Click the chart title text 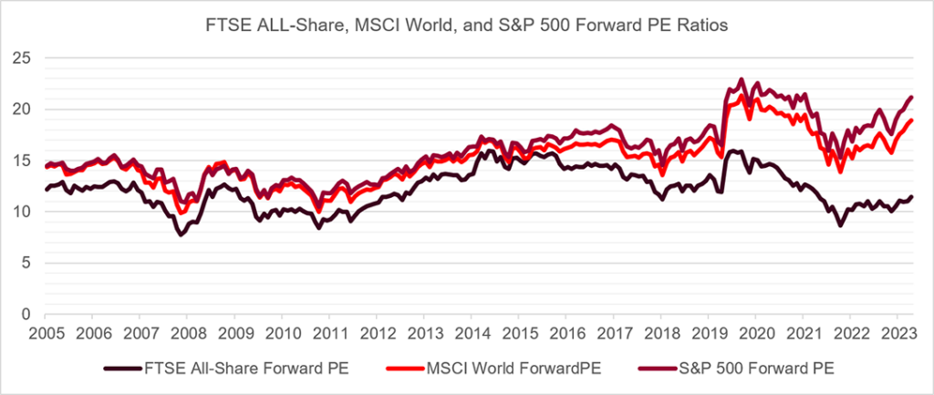(467, 26)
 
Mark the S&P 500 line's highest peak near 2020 (741, 79)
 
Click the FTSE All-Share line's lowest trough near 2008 (181, 234)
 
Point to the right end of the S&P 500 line (912, 97)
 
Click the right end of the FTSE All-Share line (912, 197)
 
